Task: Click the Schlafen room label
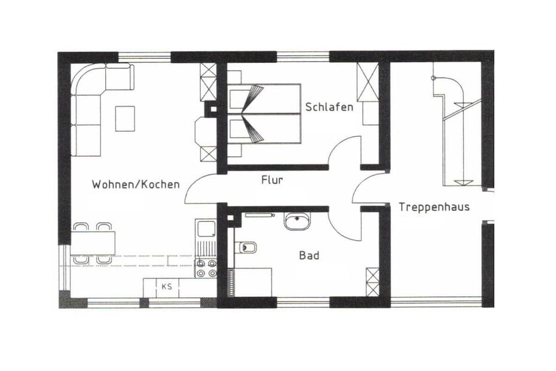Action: click(x=329, y=107)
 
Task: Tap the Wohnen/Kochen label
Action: click(x=136, y=185)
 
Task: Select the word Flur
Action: click(x=272, y=180)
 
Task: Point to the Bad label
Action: click(x=309, y=255)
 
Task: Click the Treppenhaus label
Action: click(x=434, y=207)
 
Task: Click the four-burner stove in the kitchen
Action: click(x=206, y=267)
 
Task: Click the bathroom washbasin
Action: click(x=297, y=221)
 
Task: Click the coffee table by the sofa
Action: click(x=125, y=118)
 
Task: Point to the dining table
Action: click(x=93, y=243)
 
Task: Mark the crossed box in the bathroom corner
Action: click(x=372, y=282)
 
